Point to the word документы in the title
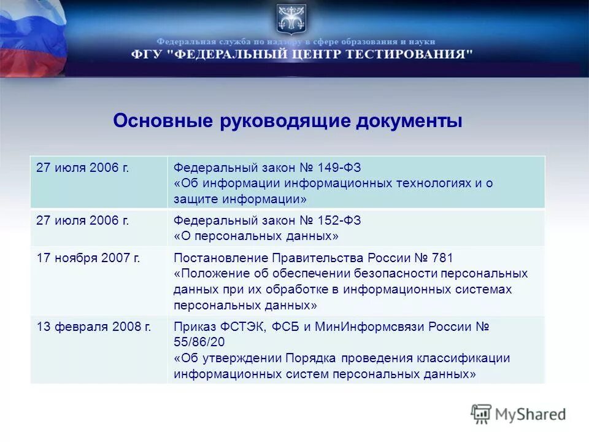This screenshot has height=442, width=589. tap(409, 121)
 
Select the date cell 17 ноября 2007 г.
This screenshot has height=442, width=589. tap(88, 258)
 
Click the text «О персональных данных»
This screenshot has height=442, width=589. tap(256, 236)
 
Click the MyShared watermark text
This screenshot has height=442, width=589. tap(531, 414)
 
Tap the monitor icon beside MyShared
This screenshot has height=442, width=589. tap(482, 414)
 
